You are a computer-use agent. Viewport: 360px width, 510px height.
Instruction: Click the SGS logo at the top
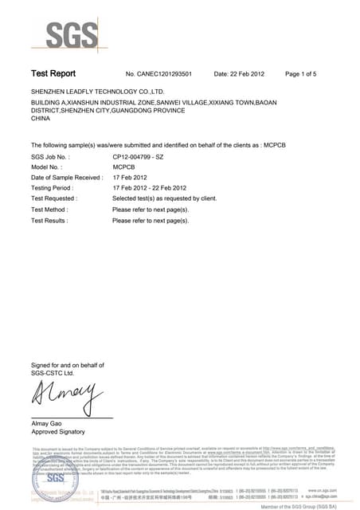click(73, 33)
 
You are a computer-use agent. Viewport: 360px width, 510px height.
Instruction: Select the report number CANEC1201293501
click(165, 74)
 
